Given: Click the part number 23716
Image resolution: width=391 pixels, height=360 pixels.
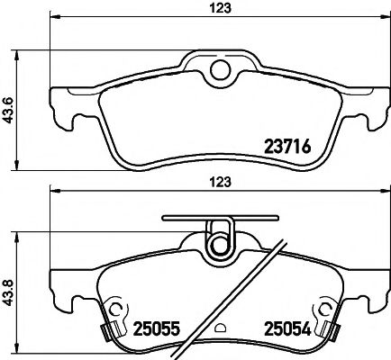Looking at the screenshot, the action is point(287,147).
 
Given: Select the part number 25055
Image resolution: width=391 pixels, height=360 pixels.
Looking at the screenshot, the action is point(156,328).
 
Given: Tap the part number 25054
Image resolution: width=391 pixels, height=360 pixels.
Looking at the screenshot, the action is point(287,328).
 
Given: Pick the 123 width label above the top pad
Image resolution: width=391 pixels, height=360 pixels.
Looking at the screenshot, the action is point(221,8).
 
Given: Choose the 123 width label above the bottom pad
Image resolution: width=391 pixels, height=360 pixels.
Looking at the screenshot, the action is point(221,182).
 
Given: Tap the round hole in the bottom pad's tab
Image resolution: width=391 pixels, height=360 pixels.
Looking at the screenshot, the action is point(221,245).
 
